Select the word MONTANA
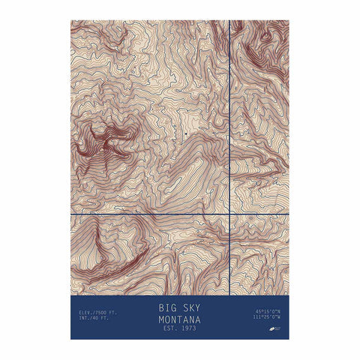pos(180,319)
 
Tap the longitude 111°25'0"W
pos(267,316)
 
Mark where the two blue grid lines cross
pos(229,214)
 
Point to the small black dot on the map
pos(184,135)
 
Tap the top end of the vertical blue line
pos(229,22)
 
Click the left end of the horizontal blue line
pos(72,214)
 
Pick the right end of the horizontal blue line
pos(288,214)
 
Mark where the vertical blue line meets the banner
pos(229,295)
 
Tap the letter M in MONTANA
pos(161,319)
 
